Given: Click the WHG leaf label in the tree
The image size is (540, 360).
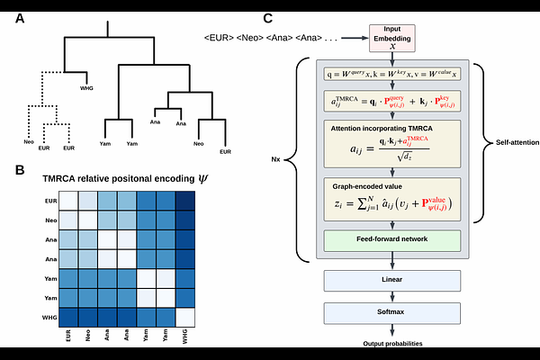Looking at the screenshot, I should (x=86, y=88).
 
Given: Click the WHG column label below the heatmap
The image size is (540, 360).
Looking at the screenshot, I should (x=186, y=337).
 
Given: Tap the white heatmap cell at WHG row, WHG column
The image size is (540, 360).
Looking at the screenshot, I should (x=185, y=317).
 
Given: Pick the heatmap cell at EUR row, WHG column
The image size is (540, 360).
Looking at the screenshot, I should (x=185, y=200).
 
